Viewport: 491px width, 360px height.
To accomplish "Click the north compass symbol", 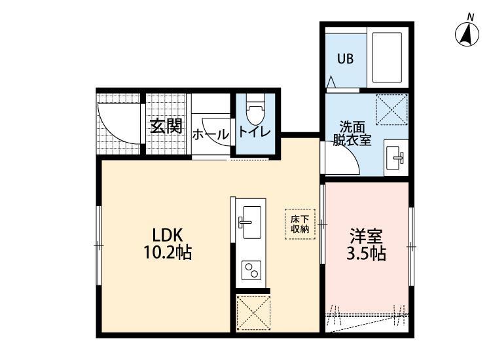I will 466,33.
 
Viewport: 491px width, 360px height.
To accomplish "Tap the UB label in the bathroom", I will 345,58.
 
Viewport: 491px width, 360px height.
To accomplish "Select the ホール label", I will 211,134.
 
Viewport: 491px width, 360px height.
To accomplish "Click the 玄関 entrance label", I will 166,126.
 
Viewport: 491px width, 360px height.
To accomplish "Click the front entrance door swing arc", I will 120,124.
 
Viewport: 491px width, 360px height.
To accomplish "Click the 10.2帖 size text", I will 168,253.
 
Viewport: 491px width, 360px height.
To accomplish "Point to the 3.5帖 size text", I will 365,253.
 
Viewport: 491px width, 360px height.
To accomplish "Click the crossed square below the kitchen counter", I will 253,312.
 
